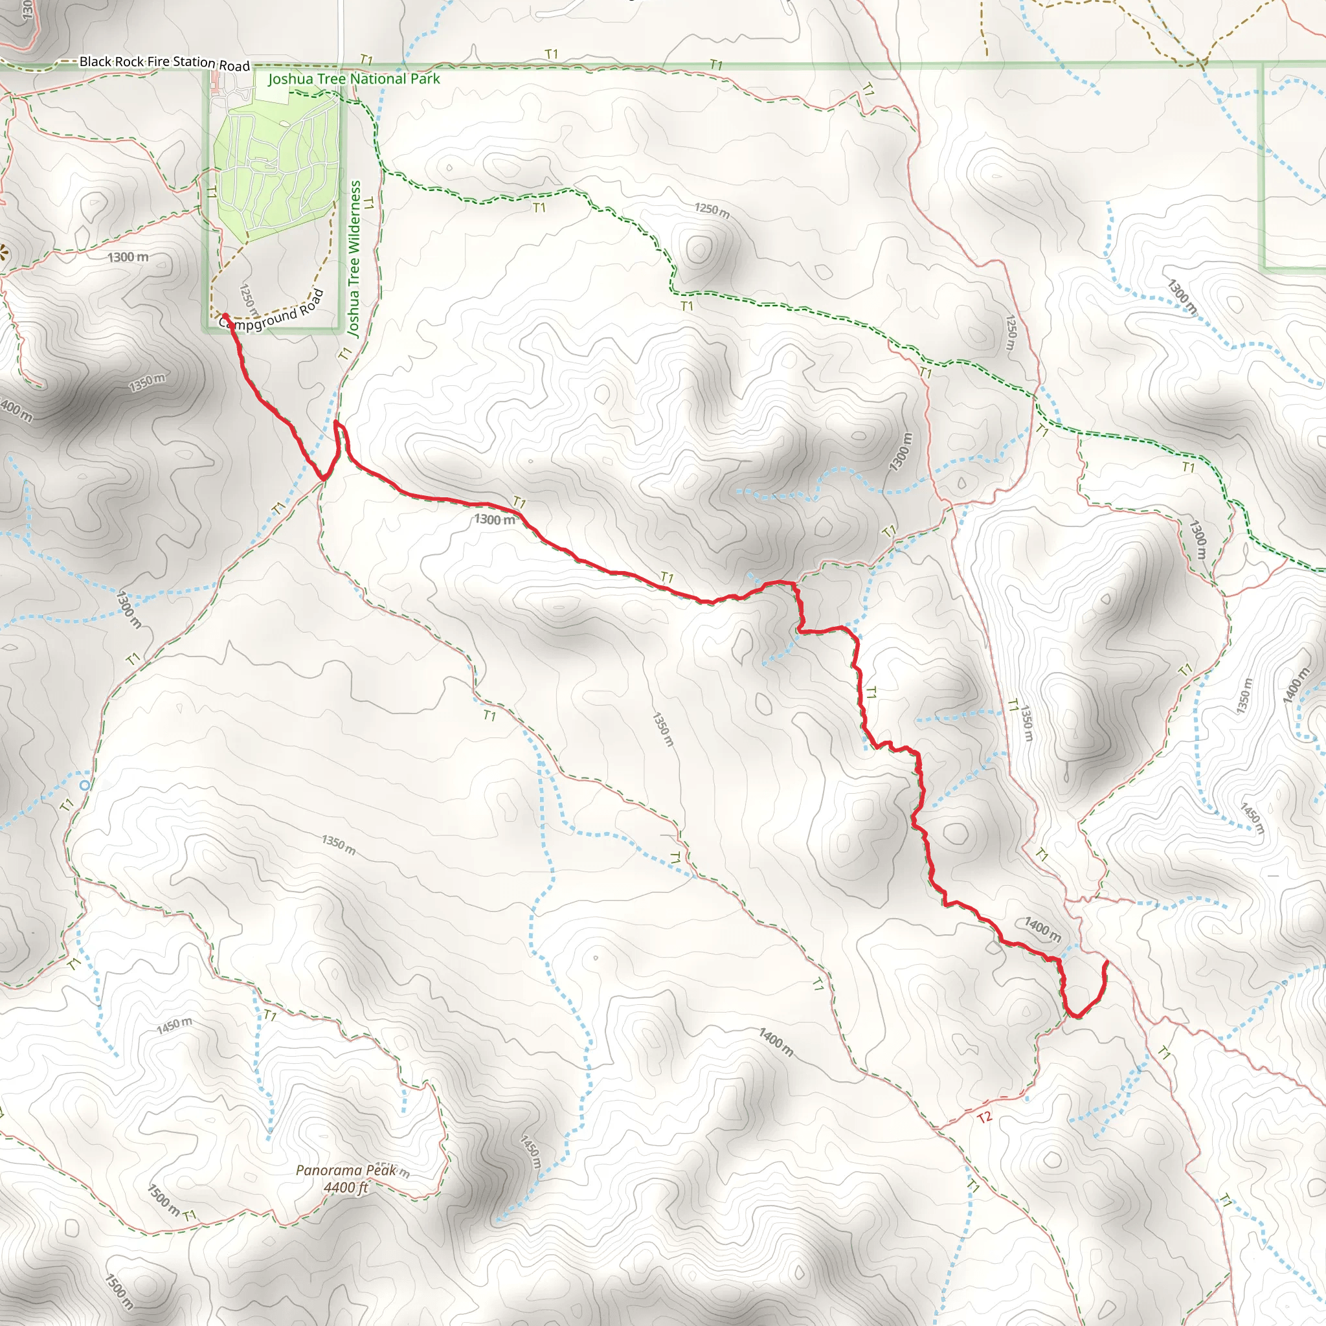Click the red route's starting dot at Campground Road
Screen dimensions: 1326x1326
(x=225, y=317)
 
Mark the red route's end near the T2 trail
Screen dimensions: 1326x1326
(x=1107, y=963)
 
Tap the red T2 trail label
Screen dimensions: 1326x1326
(x=984, y=1118)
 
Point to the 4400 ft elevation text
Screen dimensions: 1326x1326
(x=346, y=1187)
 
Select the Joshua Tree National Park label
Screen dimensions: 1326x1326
(x=354, y=79)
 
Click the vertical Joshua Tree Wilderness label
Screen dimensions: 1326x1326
(x=354, y=258)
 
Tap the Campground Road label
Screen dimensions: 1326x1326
(x=272, y=313)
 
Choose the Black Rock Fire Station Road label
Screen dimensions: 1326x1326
(x=164, y=62)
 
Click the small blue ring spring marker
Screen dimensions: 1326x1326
(x=84, y=785)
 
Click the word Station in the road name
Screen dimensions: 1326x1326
(x=194, y=62)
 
